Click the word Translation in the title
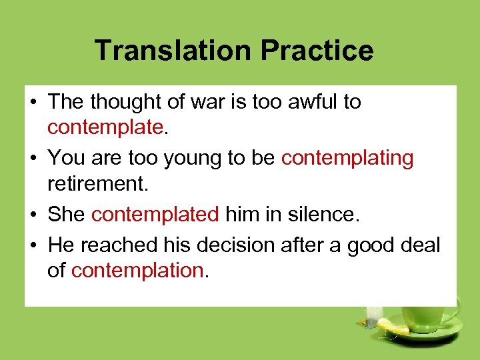174,51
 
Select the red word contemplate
105,127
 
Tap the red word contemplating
347,158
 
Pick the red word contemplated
155,214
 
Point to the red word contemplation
137,270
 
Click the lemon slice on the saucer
393,326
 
